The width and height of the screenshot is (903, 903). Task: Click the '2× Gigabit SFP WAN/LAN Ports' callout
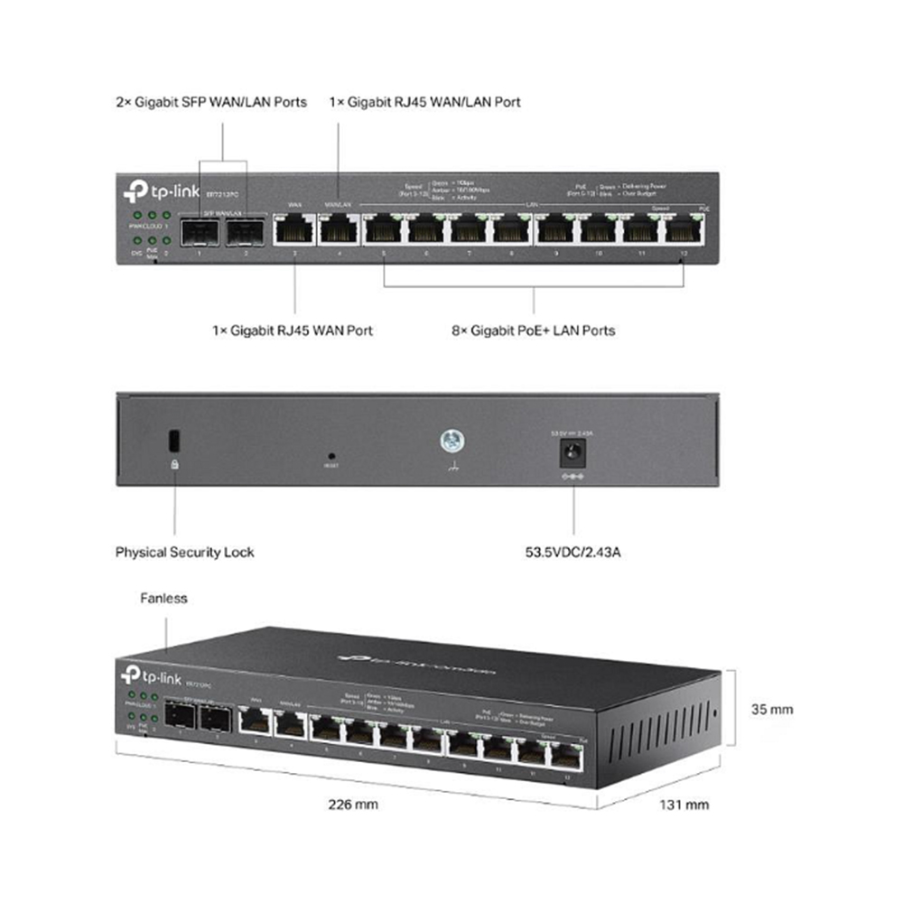(211, 102)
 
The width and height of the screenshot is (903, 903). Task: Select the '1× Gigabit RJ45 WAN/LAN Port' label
(425, 102)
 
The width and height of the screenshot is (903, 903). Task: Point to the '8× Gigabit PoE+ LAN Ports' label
(533, 330)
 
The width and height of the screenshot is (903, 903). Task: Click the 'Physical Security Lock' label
(184, 552)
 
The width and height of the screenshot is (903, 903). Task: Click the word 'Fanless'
(164, 598)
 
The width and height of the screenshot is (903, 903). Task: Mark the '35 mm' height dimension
(772, 709)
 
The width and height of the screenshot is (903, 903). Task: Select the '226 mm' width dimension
(353, 805)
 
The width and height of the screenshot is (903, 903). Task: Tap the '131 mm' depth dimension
(684, 805)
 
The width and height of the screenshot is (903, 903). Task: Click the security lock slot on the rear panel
(174, 441)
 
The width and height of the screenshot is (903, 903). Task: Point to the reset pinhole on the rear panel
(331, 456)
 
